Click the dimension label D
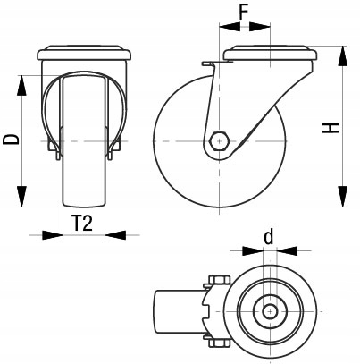[11, 139]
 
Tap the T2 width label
[82, 224]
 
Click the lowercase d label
[268, 237]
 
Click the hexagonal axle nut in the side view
[219, 141]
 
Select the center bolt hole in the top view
[268, 312]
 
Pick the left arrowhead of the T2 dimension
[54, 235]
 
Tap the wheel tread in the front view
[82, 179]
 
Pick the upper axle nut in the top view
[217, 281]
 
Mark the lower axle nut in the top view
[217, 342]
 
